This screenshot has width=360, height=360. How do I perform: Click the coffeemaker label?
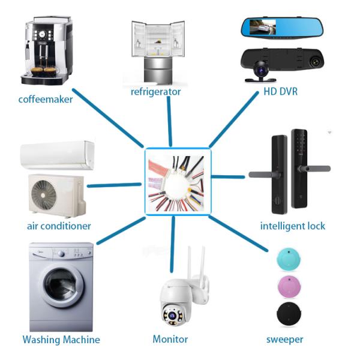pyautogui.click(x=45, y=99)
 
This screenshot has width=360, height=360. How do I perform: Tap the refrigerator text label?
pyautogui.click(x=155, y=92)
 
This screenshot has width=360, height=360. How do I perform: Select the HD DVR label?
pyautogui.click(x=280, y=92)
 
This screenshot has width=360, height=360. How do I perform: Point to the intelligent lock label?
pyautogui.click(x=293, y=226)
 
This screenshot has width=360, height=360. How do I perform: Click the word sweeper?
pyautogui.click(x=284, y=339)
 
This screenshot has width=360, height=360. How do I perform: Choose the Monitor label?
pyautogui.click(x=170, y=339)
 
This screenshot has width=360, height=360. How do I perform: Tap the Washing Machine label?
pyautogui.click(x=61, y=340)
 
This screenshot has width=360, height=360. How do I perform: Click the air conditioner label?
pyautogui.click(x=59, y=226)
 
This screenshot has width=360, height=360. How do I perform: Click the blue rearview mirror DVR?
pyautogui.click(x=281, y=27)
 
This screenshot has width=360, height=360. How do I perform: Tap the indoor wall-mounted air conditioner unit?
pyautogui.click(x=57, y=155)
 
